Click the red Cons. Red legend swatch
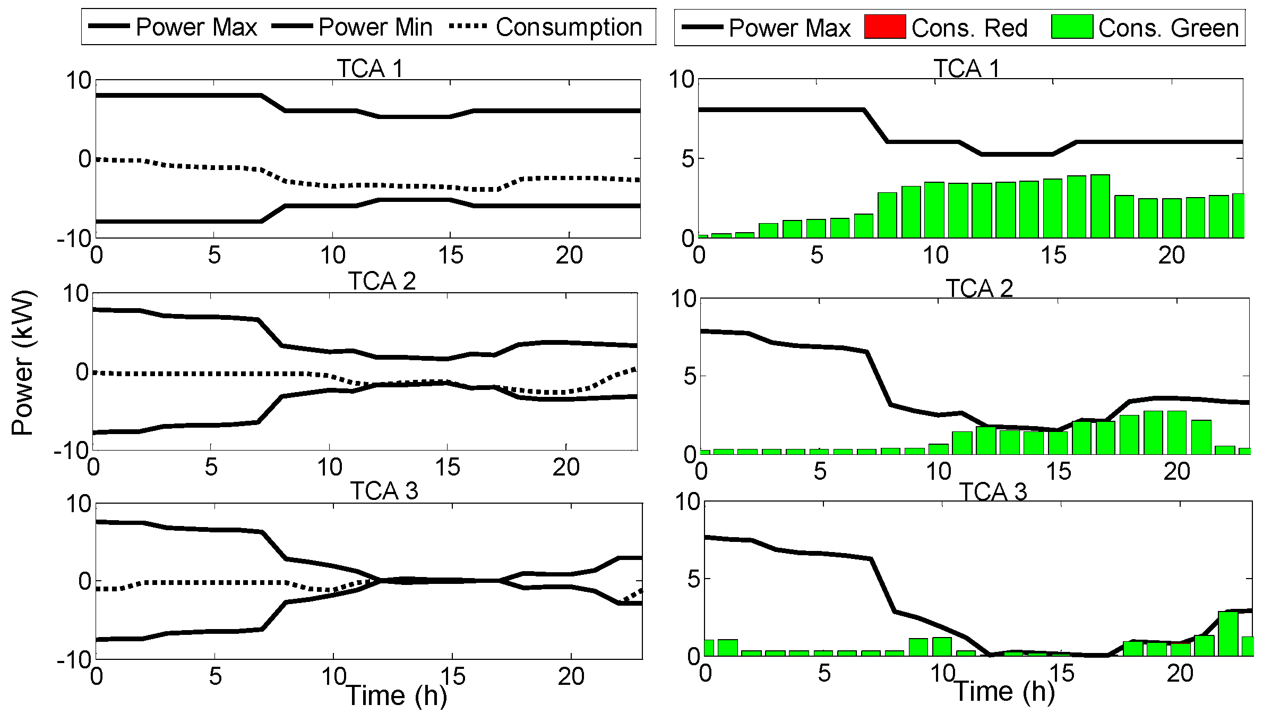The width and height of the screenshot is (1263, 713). [x=884, y=27]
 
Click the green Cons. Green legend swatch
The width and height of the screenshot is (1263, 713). [x=1071, y=27]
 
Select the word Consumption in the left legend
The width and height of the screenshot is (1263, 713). [x=569, y=27]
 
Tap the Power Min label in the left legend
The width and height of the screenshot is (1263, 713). [x=375, y=27]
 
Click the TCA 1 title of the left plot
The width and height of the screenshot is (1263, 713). [x=370, y=69]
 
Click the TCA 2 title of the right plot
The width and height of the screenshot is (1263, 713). [x=980, y=288]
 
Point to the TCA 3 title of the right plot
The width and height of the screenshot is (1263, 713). [x=993, y=491]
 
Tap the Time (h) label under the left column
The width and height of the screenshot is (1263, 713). [x=396, y=695]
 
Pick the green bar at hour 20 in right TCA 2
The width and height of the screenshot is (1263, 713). [x=1177, y=432]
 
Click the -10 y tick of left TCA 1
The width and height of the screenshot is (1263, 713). [x=74, y=239]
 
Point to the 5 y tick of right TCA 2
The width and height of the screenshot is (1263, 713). [x=689, y=377]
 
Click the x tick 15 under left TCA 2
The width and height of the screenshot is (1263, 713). [x=448, y=468]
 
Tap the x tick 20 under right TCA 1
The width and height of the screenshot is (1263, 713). [x=1171, y=256]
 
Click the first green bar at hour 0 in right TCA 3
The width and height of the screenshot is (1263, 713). [x=708, y=648]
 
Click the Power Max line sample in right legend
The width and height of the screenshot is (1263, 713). [x=702, y=27]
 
